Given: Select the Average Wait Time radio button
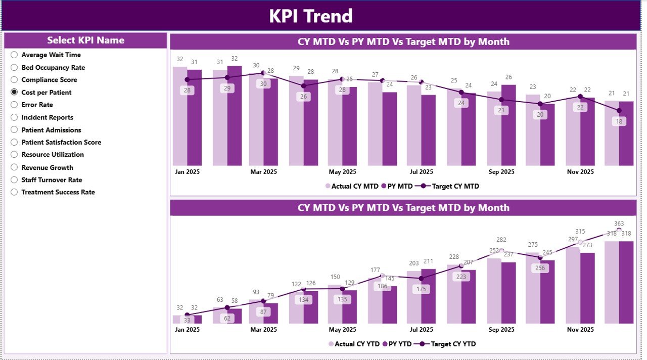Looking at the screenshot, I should click(14, 55).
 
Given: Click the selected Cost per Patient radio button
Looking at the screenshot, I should click(14, 92).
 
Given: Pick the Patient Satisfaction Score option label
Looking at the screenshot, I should click(61, 142).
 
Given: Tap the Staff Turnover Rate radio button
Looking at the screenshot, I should click(14, 179).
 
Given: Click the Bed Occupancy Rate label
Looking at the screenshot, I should click(53, 67).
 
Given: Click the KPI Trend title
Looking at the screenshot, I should click(310, 16).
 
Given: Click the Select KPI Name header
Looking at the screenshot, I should click(85, 40).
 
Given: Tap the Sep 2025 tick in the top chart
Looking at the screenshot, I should click(500, 172).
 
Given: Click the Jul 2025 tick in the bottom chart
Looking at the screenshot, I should click(422, 329).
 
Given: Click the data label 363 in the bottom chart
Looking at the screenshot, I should click(619, 223).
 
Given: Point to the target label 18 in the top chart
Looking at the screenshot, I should click(619, 121).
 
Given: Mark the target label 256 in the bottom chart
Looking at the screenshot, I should click(540, 268).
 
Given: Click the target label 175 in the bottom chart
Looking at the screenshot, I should click(422, 289).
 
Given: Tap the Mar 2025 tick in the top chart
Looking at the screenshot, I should click(263, 172).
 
